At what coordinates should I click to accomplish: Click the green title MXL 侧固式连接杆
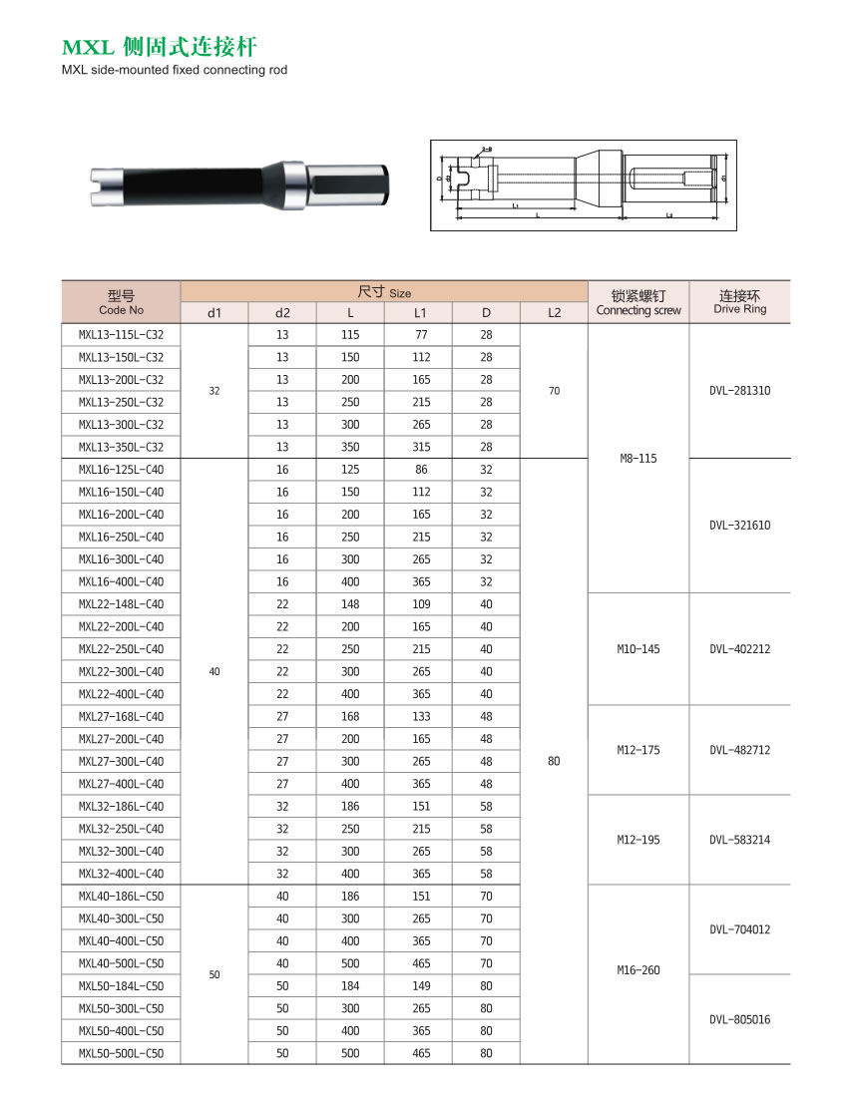(166, 47)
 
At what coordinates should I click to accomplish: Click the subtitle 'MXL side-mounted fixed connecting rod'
(174, 70)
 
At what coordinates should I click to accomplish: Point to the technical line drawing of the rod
(587, 185)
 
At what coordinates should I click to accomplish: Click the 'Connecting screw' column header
(637, 302)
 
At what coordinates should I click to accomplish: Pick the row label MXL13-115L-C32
(121, 335)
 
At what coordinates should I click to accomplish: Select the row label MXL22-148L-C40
(121, 604)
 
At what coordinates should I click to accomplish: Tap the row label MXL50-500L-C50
(121, 1053)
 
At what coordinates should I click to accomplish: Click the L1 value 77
(418, 335)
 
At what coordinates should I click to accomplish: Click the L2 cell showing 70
(554, 391)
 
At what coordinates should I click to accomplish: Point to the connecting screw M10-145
(637, 649)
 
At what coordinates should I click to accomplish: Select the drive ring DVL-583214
(739, 840)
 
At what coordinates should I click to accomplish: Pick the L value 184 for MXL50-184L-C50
(350, 985)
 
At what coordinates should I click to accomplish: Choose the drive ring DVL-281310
(739, 391)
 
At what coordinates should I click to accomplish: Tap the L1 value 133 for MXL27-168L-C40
(418, 716)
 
